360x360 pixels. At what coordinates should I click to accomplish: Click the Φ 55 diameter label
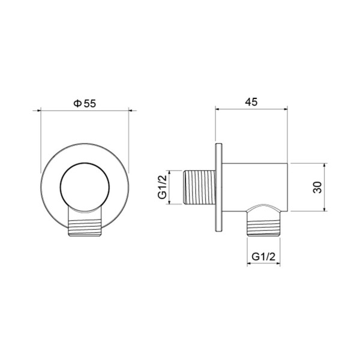pyautogui.click(x=85, y=104)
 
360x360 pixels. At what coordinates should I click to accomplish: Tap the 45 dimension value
pyautogui.click(x=251, y=102)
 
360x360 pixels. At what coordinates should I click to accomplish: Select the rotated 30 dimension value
pyautogui.click(x=317, y=187)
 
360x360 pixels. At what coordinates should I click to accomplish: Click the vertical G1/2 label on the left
pyautogui.click(x=162, y=187)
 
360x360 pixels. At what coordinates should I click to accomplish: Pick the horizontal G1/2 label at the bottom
pyautogui.click(x=263, y=257)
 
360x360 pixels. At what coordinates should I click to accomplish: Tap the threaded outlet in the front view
pyautogui.click(x=85, y=228)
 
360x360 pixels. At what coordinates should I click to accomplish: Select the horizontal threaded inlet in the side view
pyautogui.click(x=200, y=187)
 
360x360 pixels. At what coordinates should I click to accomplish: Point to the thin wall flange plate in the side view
pyautogui.click(x=219, y=188)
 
